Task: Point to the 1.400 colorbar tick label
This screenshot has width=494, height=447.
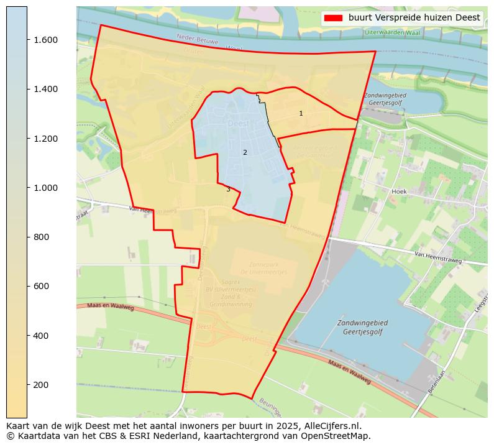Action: click(45, 89)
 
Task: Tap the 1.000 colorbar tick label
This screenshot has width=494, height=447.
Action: click(45, 188)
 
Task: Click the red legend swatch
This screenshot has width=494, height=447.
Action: click(334, 18)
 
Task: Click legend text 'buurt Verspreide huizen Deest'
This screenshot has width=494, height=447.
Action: click(414, 18)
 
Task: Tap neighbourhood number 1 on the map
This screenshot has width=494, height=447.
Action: click(301, 114)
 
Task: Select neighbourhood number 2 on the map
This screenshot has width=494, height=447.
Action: click(245, 152)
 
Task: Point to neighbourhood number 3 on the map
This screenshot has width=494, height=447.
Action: click(228, 190)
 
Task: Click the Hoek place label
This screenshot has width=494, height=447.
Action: click(399, 191)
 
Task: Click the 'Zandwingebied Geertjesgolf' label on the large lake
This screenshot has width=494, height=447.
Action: click(362, 328)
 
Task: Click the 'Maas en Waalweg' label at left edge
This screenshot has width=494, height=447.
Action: click(111, 307)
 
